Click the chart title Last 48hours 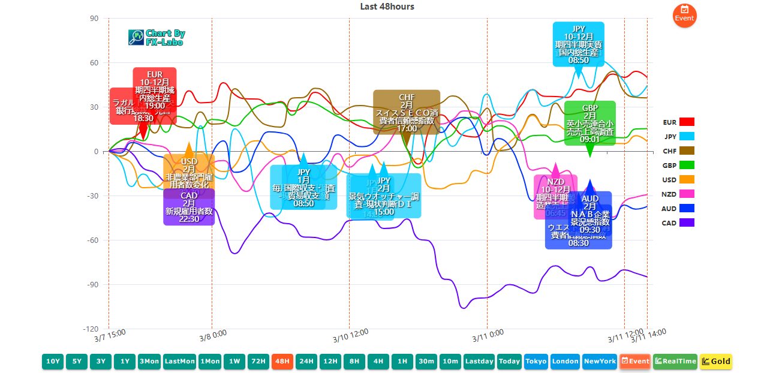coord(387,7)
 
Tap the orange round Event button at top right coord(684,16)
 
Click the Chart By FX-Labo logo coord(157,38)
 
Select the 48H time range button coord(281,361)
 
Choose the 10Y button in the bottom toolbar coord(53,361)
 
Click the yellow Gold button coord(715,361)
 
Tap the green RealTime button coord(675,361)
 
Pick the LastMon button coord(179,361)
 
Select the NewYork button coord(599,361)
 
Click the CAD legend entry coord(678,223)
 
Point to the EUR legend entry coord(678,122)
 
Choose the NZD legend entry coord(678,194)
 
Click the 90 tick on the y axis coord(94,19)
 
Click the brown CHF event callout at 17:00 coord(407,112)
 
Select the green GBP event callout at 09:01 coord(589,123)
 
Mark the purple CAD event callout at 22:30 coord(189,207)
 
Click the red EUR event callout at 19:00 coord(155,90)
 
